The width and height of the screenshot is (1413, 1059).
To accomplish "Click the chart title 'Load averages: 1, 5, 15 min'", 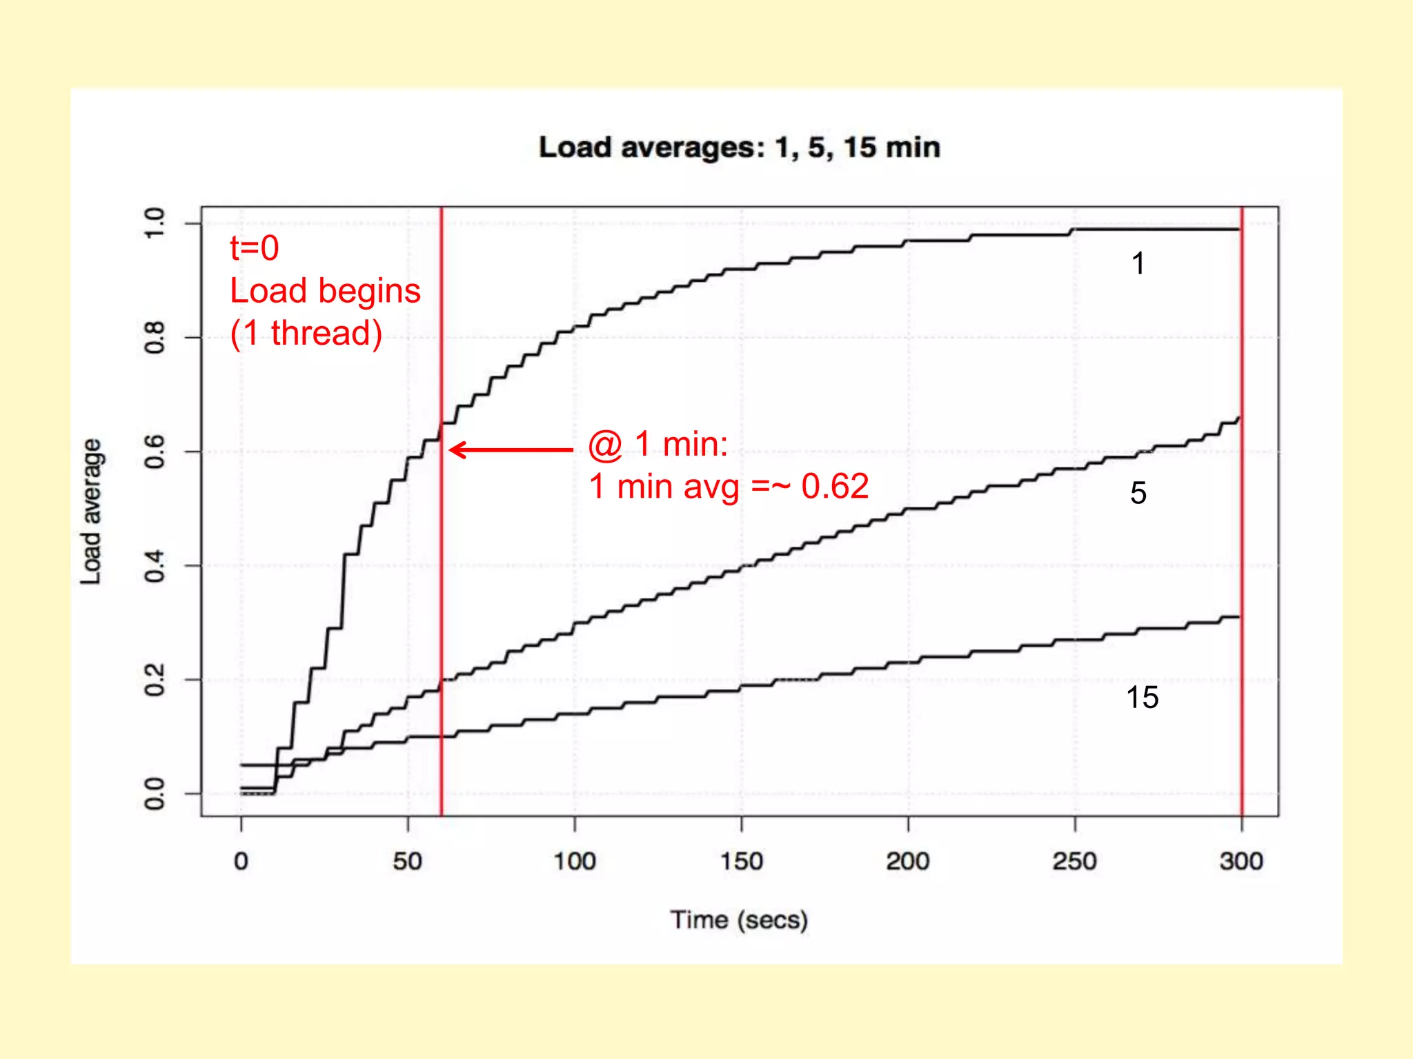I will click(x=739, y=148).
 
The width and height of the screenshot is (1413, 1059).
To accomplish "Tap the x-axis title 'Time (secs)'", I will click(x=739, y=920).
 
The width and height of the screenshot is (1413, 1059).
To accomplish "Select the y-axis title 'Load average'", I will click(x=92, y=512).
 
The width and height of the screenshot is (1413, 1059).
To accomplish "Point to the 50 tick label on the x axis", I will click(x=408, y=861).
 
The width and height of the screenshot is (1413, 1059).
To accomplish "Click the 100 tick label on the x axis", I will click(x=575, y=861).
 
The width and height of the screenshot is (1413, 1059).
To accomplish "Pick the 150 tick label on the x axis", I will click(x=742, y=861).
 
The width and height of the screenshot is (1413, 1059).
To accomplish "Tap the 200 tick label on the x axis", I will click(x=908, y=861).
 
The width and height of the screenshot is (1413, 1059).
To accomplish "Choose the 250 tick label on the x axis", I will click(x=1075, y=861).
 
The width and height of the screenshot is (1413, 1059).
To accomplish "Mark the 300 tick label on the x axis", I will click(x=1241, y=861).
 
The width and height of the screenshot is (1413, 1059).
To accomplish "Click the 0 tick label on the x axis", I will click(x=241, y=861).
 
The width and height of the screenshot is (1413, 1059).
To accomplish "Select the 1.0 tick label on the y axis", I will click(x=155, y=223).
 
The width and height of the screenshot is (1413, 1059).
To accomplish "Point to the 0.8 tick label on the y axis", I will click(x=155, y=337).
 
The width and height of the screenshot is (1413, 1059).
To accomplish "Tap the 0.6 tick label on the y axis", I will click(x=155, y=452).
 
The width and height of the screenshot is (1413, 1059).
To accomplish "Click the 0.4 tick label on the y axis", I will click(x=155, y=565).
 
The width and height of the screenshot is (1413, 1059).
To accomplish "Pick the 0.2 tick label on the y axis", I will click(x=155, y=680).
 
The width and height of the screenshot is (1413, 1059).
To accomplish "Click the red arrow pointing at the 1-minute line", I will click(x=511, y=450).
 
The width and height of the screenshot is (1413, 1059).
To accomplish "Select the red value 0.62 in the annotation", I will click(x=835, y=487).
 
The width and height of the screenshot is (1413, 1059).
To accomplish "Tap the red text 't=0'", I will click(x=255, y=248).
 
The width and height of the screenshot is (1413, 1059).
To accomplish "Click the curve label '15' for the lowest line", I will click(x=1142, y=698).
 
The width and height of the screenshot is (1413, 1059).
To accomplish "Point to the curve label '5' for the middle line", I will click(x=1138, y=493).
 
